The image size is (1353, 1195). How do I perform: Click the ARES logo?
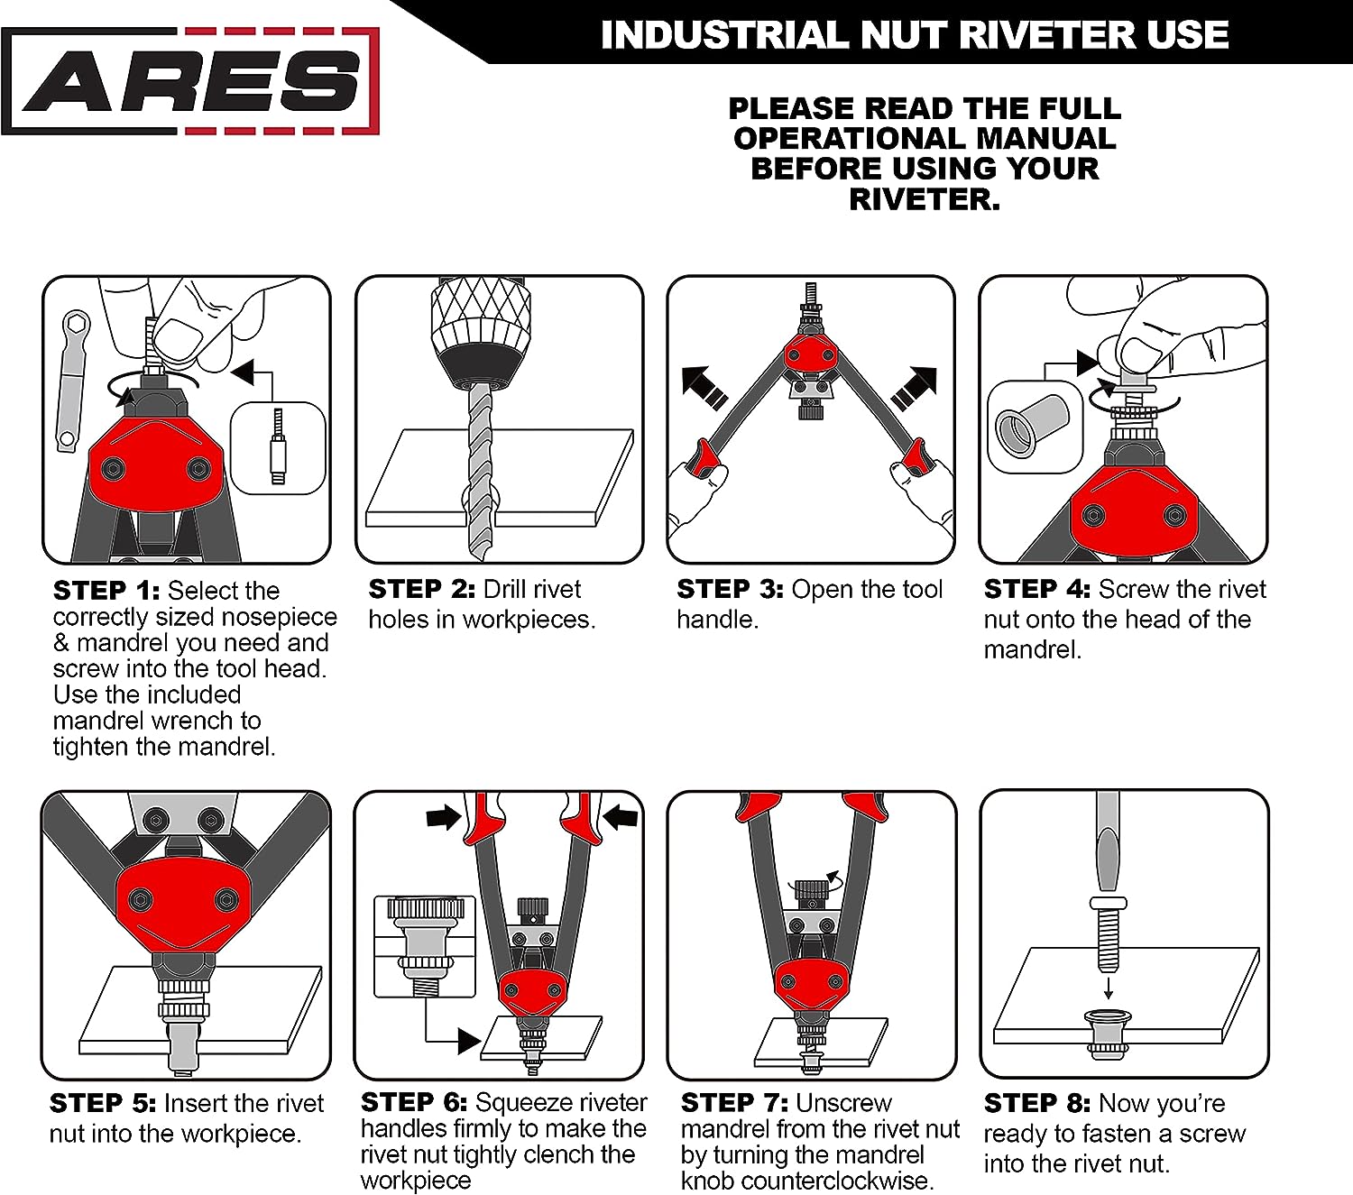(x=190, y=81)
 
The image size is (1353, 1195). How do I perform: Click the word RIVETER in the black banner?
(x=1051, y=35)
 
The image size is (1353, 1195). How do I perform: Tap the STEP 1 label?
(x=106, y=591)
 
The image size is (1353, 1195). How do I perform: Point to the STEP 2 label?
(x=421, y=589)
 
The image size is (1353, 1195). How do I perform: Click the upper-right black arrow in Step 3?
(x=914, y=388)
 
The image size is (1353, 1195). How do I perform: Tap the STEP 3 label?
(x=730, y=589)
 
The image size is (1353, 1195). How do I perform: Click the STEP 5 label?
(x=103, y=1103)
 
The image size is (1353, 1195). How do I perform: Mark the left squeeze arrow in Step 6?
(x=444, y=816)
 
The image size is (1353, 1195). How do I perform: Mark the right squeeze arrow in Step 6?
(x=620, y=816)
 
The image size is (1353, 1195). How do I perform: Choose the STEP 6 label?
(x=414, y=1102)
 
